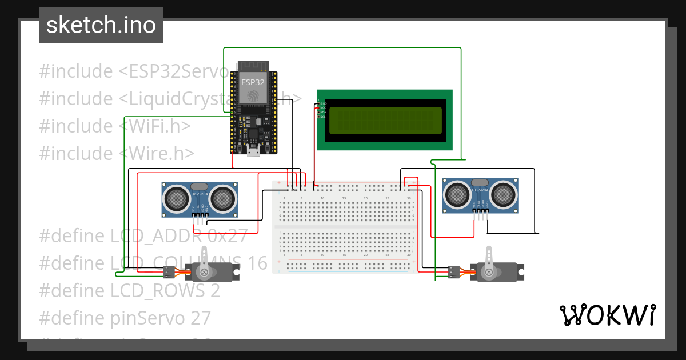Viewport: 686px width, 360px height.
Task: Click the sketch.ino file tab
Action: click(101, 25)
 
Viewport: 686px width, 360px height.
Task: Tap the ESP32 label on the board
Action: click(253, 82)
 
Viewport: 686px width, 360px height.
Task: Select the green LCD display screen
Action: click(385, 120)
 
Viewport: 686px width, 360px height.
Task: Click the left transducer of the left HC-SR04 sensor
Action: click(176, 199)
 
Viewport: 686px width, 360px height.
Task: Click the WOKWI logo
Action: click(607, 315)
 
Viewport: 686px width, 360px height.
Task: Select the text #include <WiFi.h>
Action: click(115, 126)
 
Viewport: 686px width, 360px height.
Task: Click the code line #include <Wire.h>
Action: click(117, 153)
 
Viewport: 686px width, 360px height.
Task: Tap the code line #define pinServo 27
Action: click(125, 317)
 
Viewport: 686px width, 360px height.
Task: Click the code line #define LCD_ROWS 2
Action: click(129, 290)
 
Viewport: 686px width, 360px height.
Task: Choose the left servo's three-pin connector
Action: click(169, 272)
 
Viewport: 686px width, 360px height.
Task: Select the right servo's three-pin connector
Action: click(454, 272)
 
